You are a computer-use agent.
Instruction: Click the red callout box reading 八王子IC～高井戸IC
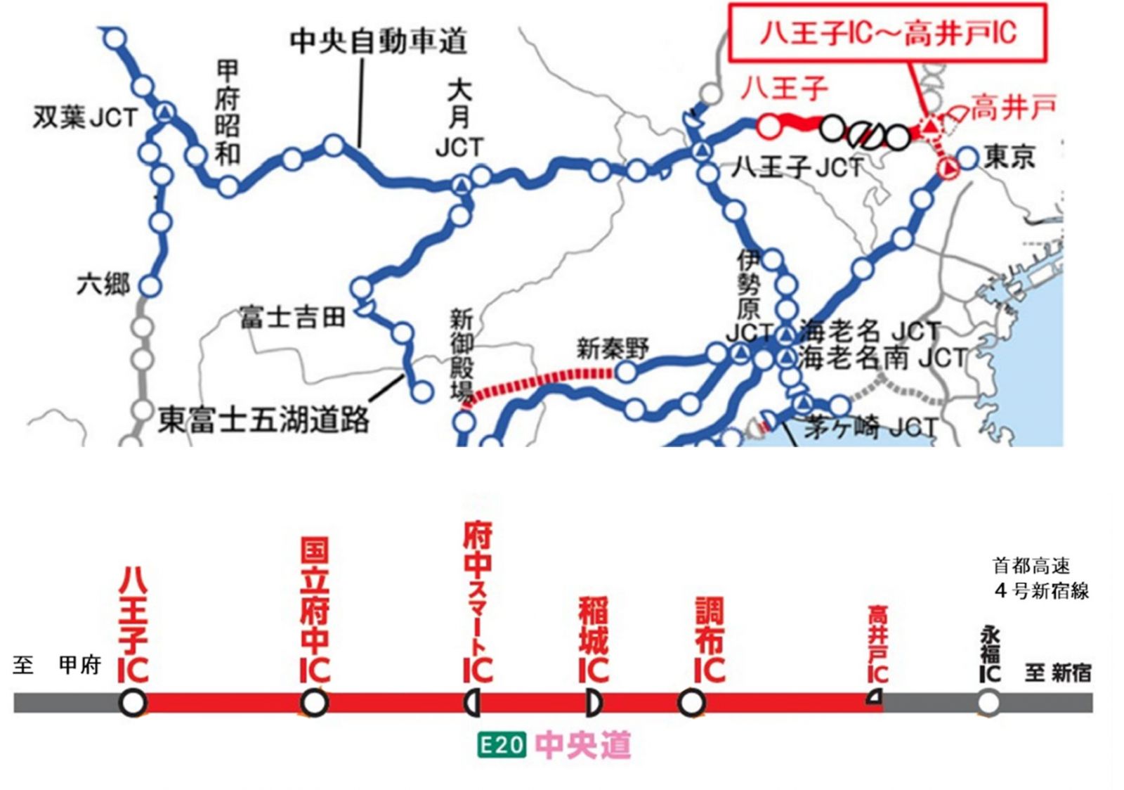click(x=887, y=33)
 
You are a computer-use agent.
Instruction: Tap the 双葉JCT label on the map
click(x=85, y=117)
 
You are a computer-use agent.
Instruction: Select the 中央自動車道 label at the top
click(x=379, y=41)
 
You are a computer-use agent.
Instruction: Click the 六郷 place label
click(x=103, y=285)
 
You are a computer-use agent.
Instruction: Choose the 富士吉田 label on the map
click(x=292, y=317)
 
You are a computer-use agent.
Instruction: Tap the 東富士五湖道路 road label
click(x=263, y=420)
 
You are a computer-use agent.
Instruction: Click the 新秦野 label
click(x=613, y=349)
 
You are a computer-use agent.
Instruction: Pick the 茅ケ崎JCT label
click(x=870, y=427)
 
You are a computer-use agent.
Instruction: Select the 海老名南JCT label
click(x=882, y=358)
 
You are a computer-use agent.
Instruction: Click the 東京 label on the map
click(x=1009, y=157)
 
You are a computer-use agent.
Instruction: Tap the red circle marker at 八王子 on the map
click(x=769, y=127)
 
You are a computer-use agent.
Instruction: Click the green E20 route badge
click(x=502, y=744)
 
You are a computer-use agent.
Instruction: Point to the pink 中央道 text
click(x=582, y=744)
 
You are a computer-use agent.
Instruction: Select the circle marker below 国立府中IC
click(x=314, y=701)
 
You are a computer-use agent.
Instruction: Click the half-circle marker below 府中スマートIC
click(x=472, y=702)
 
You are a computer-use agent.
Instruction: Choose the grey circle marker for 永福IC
click(x=988, y=702)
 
